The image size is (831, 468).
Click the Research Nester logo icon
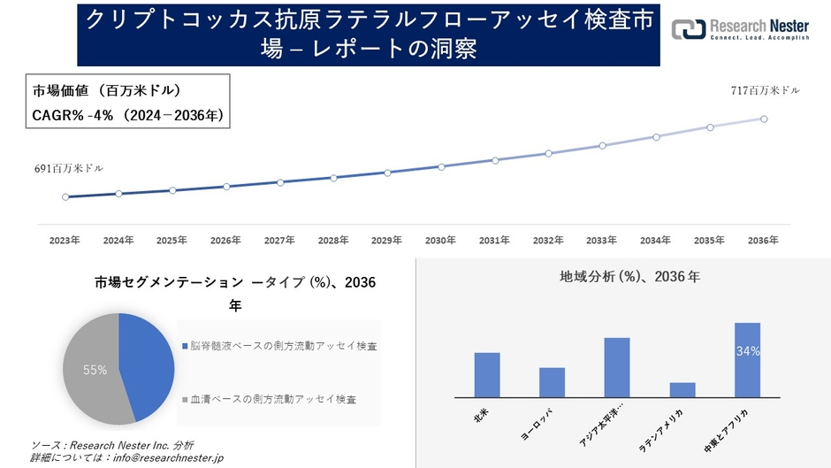point(689,28)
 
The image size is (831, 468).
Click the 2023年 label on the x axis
point(65,240)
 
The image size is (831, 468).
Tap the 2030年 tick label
point(440,240)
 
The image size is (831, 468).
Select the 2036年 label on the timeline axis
point(763,240)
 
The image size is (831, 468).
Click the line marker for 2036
point(764,119)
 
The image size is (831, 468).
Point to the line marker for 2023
point(65,197)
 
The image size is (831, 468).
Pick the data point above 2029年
point(387,173)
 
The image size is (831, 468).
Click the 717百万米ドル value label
point(765,90)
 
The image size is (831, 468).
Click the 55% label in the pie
point(95,370)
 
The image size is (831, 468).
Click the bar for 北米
point(487,375)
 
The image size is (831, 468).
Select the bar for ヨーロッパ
point(552,382)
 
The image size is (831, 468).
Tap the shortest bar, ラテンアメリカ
point(682,389)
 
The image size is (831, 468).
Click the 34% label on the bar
point(747,351)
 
